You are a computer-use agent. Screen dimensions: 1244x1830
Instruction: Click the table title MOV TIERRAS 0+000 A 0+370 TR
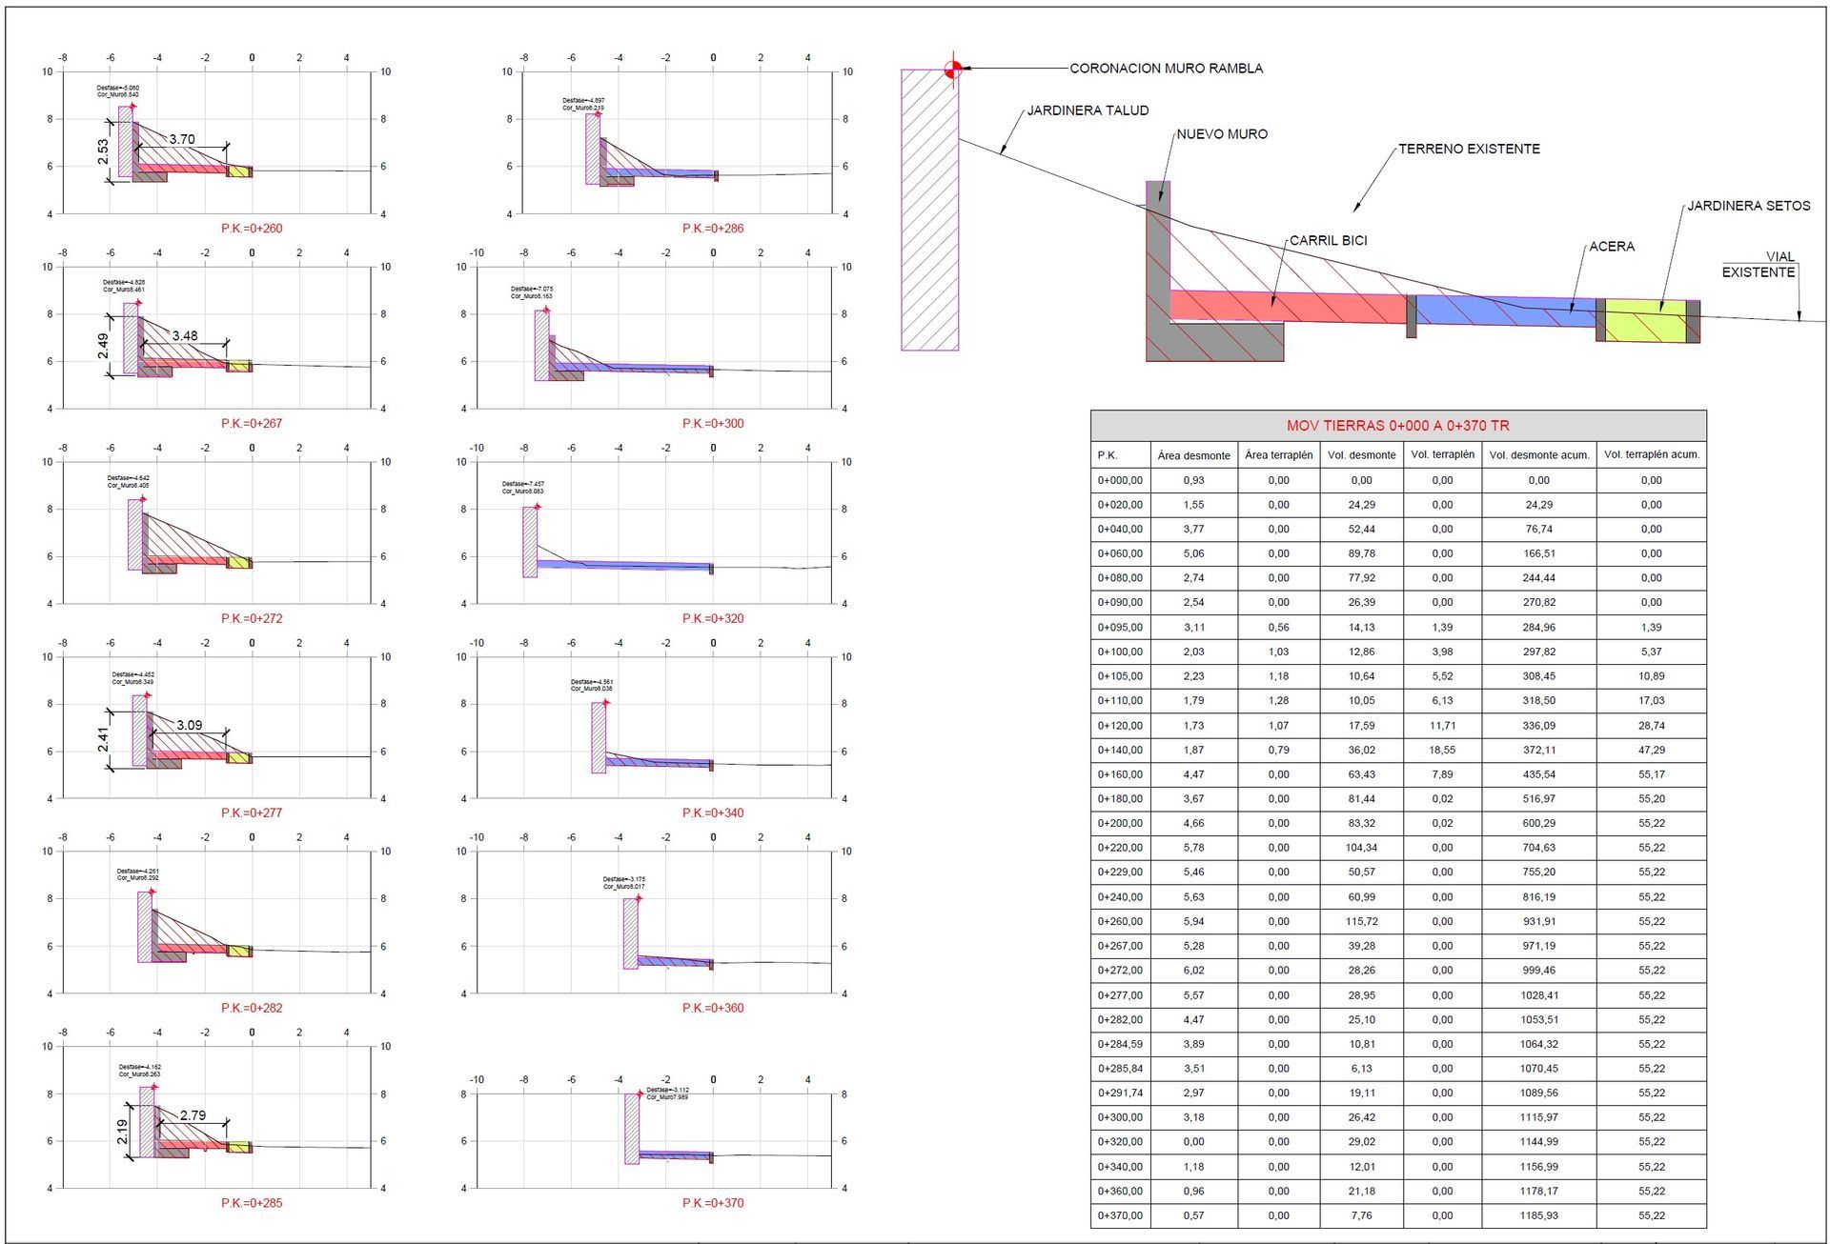(1397, 426)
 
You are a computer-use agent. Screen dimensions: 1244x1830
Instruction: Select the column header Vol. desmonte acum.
(1538, 455)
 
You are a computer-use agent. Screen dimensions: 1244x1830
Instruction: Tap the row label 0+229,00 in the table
(1120, 872)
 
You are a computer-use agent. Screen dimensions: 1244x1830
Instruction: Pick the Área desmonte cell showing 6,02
(1193, 971)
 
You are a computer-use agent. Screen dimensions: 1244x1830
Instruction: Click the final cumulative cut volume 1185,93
(1538, 1215)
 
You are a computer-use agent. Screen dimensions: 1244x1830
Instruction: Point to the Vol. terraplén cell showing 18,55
(1442, 750)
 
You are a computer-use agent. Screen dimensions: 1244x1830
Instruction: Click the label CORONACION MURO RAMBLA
(1166, 69)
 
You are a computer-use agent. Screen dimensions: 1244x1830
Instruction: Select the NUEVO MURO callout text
(1222, 134)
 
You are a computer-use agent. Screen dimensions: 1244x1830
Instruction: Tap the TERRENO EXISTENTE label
(1469, 149)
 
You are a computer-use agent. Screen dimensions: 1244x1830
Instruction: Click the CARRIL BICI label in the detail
(1328, 241)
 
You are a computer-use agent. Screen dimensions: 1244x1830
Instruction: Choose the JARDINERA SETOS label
(1748, 206)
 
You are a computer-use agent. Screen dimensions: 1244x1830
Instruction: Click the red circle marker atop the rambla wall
(952, 69)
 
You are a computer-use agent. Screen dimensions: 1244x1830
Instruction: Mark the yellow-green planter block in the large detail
(1645, 322)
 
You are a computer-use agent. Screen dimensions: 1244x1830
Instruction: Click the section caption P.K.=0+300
(713, 424)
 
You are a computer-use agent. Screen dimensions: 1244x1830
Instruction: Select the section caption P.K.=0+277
(252, 813)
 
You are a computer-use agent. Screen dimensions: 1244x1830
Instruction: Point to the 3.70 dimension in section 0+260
(182, 140)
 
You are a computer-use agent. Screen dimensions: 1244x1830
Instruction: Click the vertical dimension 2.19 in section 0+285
(123, 1131)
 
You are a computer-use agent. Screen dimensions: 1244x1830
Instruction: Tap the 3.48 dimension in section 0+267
(185, 336)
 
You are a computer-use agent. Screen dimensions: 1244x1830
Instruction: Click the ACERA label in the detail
(1612, 247)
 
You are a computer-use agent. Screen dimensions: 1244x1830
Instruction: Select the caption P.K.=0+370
(713, 1203)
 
